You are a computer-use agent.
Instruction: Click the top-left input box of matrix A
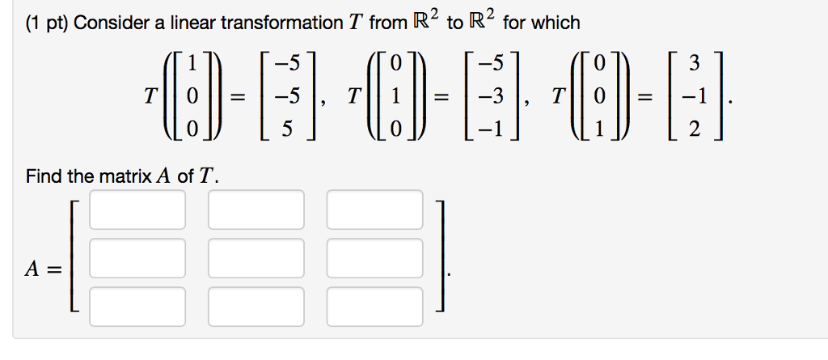coord(137,210)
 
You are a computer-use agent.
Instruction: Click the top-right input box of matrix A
coord(374,210)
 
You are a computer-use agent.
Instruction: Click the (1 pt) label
coord(44,23)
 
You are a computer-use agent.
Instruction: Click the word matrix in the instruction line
coord(125,176)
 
